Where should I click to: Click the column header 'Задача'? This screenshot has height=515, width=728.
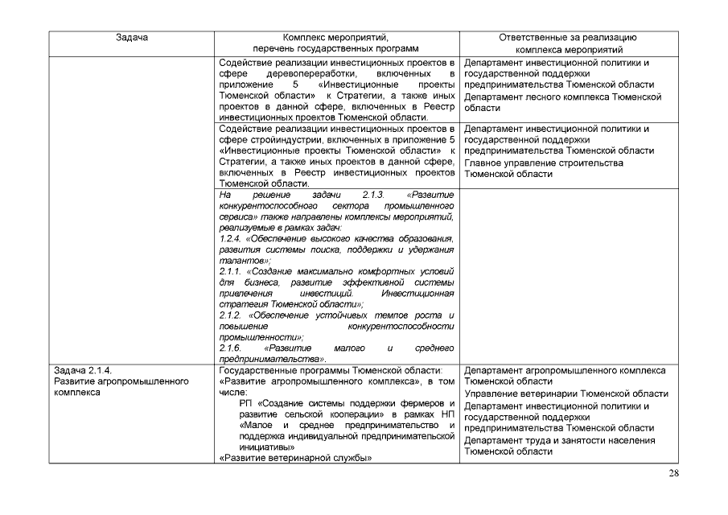(131, 38)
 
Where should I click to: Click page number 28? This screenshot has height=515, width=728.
(674, 473)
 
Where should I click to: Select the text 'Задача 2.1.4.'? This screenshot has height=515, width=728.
(80, 371)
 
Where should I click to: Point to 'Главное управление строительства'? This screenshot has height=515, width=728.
(544, 163)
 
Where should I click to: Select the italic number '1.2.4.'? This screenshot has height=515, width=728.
(232, 240)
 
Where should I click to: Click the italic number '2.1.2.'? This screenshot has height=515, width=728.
(232, 315)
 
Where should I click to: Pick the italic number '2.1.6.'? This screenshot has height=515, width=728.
(232, 348)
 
